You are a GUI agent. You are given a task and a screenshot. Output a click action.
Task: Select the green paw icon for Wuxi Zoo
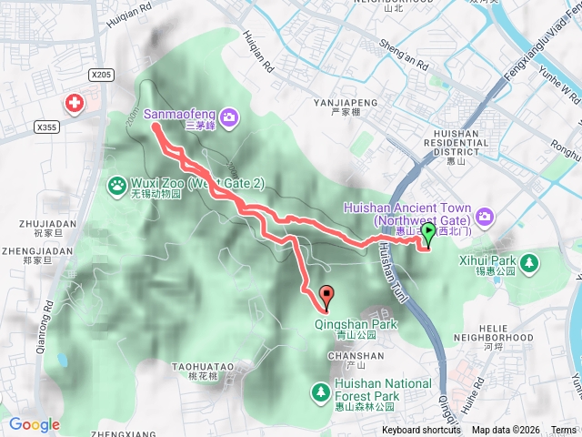(x=119, y=185)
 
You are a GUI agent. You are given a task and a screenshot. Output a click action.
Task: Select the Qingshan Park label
(x=356, y=324)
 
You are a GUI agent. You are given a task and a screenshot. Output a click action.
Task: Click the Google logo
(x=35, y=424)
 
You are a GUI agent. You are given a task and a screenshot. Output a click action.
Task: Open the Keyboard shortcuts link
(x=421, y=431)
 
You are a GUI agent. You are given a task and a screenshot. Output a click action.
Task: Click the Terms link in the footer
(x=563, y=431)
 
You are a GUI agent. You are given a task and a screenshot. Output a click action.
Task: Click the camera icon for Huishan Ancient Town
(x=485, y=217)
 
